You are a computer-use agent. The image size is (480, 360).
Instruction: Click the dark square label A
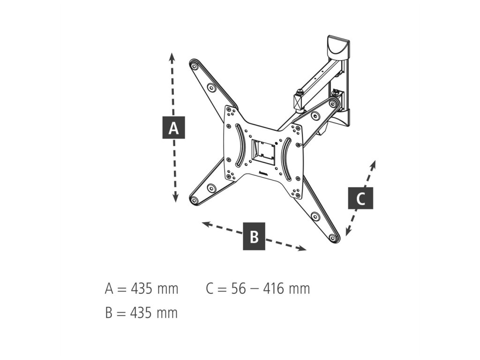click(173, 127)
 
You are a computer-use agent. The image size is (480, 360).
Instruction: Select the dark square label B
click(254, 236)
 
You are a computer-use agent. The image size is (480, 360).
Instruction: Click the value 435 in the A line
click(142, 289)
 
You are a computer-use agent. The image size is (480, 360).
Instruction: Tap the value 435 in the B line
click(141, 313)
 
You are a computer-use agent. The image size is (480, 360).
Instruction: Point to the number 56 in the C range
click(239, 289)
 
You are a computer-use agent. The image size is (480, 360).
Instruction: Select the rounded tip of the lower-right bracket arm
click(334, 239)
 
